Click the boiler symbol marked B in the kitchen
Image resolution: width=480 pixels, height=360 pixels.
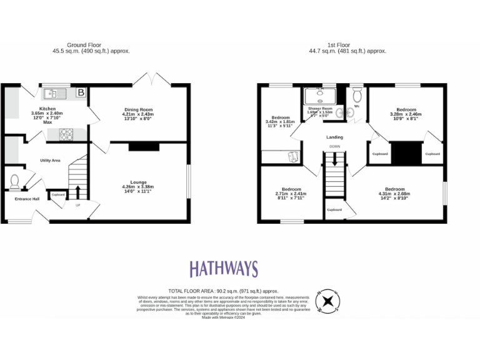point(80,93)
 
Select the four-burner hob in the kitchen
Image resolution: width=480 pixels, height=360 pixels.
point(66,133)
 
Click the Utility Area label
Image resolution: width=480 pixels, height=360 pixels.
point(50,161)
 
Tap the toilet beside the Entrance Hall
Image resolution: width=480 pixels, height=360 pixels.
point(16,181)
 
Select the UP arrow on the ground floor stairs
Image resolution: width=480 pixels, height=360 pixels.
point(78,190)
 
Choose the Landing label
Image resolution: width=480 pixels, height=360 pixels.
point(334,137)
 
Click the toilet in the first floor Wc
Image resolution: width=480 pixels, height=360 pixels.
point(357,95)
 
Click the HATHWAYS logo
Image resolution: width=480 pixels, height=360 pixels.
point(223,269)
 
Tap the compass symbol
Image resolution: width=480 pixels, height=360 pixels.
point(327,301)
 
